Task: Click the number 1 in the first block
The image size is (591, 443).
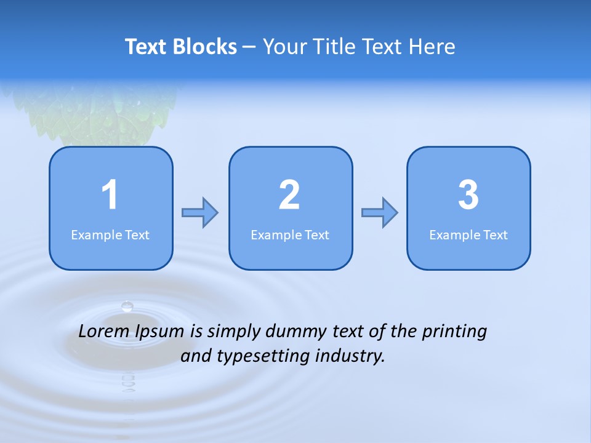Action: (x=110, y=195)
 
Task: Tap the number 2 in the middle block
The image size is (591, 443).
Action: (x=289, y=195)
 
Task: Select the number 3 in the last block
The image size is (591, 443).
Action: (x=468, y=195)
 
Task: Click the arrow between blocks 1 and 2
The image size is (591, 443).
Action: (x=200, y=213)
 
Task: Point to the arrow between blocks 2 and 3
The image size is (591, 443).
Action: (x=379, y=213)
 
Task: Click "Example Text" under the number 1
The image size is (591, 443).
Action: (x=110, y=234)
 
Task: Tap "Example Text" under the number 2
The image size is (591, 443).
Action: (x=290, y=234)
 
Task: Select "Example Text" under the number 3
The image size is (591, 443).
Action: (x=468, y=234)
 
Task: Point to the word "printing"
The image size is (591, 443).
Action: (x=454, y=332)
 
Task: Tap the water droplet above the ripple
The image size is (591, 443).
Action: (x=127, y=305)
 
